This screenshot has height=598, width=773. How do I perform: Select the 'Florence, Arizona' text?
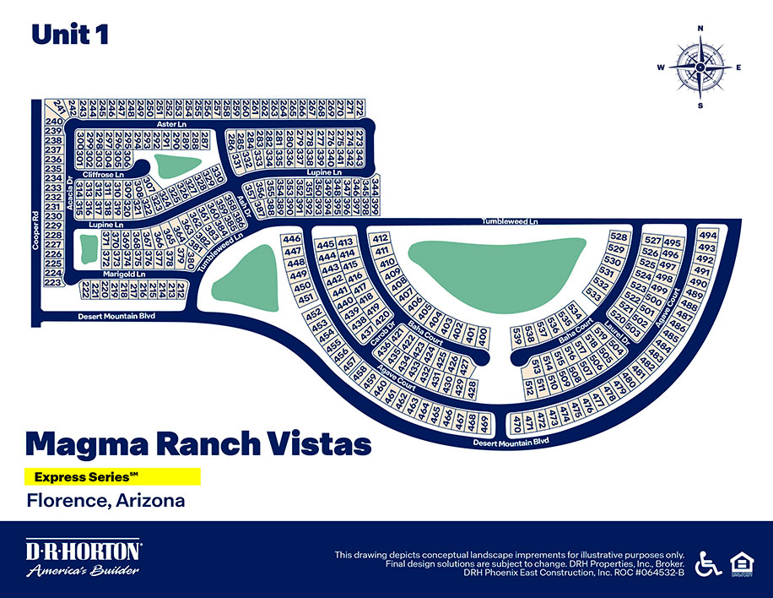click(x=106, y=500)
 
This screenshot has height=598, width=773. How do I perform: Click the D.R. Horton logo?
click(x=83, y=560)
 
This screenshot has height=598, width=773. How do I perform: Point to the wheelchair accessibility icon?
click(x=706, y=563)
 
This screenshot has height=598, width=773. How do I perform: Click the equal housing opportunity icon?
click(x=740, y=563)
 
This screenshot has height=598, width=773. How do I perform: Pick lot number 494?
click(x=708, y=236)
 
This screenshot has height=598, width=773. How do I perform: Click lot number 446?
click(x=293, y=240)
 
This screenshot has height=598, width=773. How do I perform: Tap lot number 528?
click(x=619, y=236)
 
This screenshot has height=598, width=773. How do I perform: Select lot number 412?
click(x=380, y=239)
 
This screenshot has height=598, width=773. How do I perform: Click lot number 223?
click(x=53, y=283)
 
